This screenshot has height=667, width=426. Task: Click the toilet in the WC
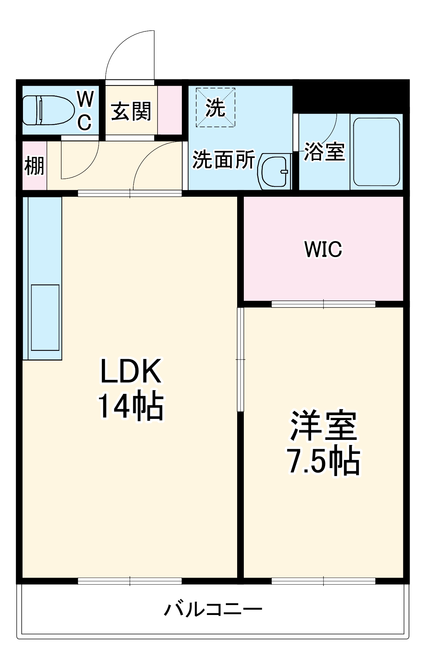[x=48, y=110]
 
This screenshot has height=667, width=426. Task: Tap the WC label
[x=85, y=110]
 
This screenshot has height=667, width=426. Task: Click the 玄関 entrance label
[x=131, y=111]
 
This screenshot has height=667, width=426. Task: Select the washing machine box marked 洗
[x=215, y=107]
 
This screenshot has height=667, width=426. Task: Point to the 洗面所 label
[x=224, y=160]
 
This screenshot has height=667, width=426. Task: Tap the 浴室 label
[x=324, y=152]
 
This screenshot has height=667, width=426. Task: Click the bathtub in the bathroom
[x=376, y=152]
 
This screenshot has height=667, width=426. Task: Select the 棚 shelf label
[x=34, y=166]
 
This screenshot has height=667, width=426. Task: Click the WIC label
[x=323, y=249]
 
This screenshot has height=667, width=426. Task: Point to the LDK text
[x=131, y=371]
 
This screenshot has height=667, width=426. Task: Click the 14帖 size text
[x=131, y=407]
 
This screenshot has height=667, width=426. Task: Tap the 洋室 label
[x=323, y=426]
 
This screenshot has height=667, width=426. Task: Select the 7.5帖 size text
[x=323, y=462]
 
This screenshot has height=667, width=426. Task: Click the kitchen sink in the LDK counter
[x=45, y=317]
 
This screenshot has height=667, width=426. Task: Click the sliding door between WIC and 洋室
[x=323, y=304]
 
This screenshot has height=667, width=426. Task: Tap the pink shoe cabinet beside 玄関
[x=170, y=110]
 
